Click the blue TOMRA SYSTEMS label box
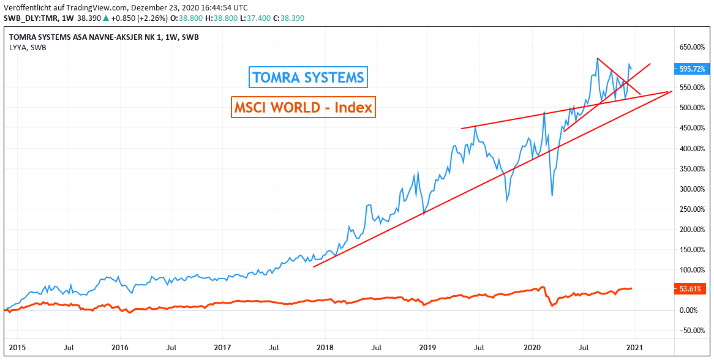[x=309, y=78]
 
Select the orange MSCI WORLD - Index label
[x=303, y=107]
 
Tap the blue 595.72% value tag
[x=691, y=69]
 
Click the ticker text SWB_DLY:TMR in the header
[x=30, y=18]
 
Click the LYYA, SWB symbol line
[x=27, y=47]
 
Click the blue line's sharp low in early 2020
[x=552, y=195]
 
